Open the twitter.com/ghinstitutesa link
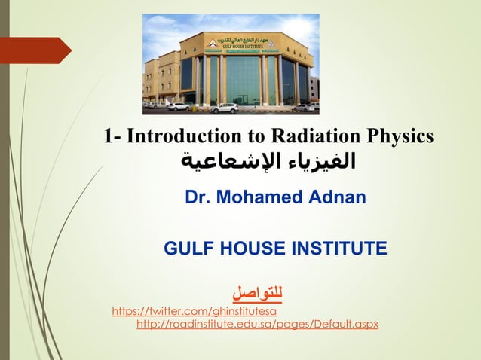195,310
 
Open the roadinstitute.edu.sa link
257,324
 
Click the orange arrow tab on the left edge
38,50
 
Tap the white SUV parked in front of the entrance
224,108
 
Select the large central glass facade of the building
243,79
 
